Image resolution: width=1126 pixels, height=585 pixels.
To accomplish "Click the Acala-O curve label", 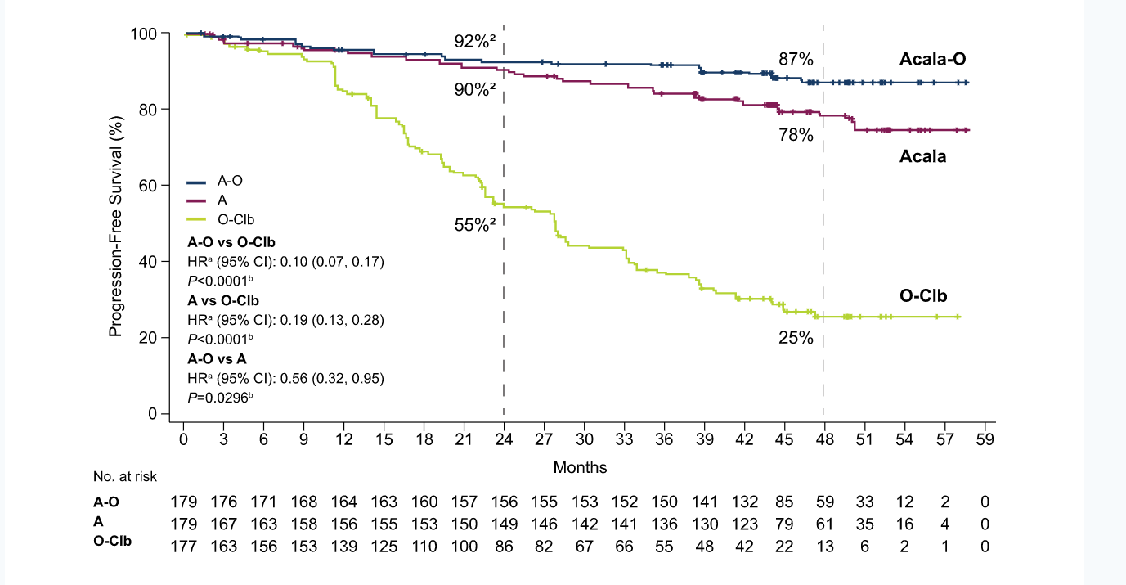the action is click(932, 59).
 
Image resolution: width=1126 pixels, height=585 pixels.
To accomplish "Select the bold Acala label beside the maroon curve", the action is click(923, 156).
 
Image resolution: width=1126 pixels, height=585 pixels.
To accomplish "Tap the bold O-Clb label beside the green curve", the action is click(923, 295).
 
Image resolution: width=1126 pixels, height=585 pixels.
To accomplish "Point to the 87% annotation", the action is click(796, 60).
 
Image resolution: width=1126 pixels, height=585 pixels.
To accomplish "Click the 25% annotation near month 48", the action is click(796, 338).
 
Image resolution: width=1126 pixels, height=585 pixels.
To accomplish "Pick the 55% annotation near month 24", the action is click(474, 224).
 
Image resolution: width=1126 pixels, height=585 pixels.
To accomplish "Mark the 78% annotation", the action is click(796, 135).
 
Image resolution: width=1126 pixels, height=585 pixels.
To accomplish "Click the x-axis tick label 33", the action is click(624, 439).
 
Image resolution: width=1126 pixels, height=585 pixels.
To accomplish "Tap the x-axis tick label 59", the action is click(985, 439).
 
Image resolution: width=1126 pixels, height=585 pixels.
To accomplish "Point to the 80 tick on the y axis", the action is click(147, 110).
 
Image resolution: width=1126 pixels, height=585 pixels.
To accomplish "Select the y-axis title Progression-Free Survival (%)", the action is click(115, 226).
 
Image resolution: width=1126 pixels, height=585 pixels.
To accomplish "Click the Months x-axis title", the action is click(580, 467).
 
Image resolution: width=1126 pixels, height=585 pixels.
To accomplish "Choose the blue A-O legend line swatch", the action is click(196, 182).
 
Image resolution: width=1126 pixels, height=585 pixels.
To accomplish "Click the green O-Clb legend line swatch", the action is click(196, 219).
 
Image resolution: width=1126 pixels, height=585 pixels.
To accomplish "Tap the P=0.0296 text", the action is click(220, 398).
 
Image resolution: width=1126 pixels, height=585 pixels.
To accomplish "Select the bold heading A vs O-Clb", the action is click(223, 301).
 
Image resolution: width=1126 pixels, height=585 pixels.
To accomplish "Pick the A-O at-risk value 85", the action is click(784, 502).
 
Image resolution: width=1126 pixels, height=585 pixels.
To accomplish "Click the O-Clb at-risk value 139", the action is click(343, 547).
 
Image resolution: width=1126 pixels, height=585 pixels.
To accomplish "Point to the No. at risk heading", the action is click(125, 476).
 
